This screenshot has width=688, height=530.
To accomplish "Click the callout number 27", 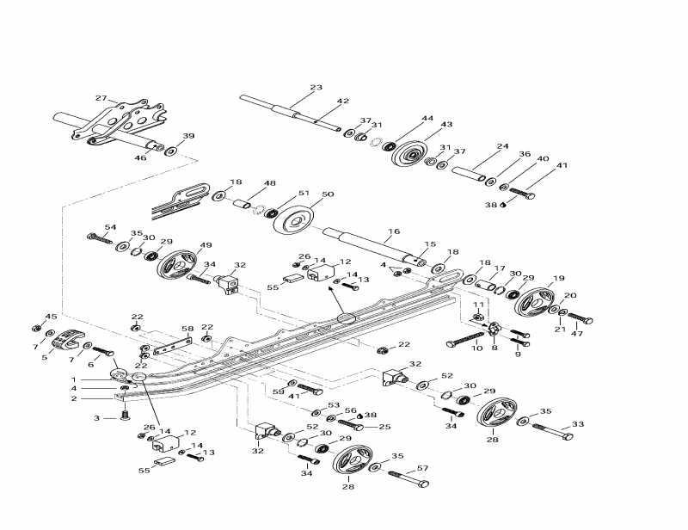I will (101, 98).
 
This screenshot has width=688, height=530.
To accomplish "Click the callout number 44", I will (427, 119).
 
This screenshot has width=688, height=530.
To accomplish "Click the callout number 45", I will (51, 317).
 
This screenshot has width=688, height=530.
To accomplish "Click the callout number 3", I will (98, 418).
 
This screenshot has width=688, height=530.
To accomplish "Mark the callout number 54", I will (109, 227).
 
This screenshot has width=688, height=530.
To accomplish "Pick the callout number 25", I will (384, 427).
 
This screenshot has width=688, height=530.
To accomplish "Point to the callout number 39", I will (188, 136).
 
